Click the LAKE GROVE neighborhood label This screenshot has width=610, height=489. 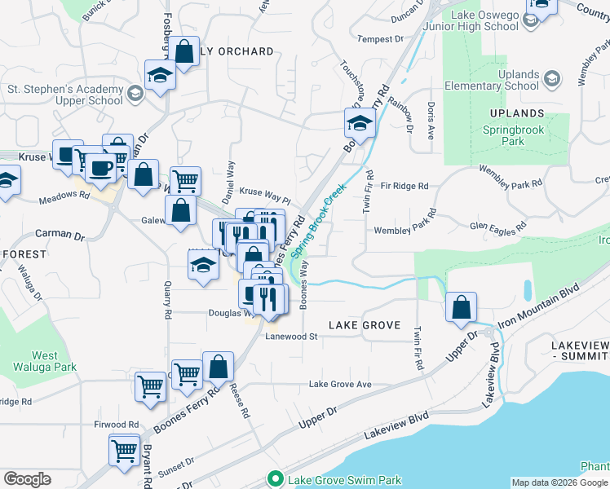(365, 325)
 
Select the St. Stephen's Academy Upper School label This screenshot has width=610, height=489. (65, 95)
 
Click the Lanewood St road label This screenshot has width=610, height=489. (290, 336)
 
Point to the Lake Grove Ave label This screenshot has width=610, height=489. (340, 384)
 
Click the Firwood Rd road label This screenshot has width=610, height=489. (117, 425)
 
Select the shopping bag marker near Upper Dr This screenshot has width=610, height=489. (462, 307)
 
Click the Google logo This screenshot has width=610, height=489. (27, 479)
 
